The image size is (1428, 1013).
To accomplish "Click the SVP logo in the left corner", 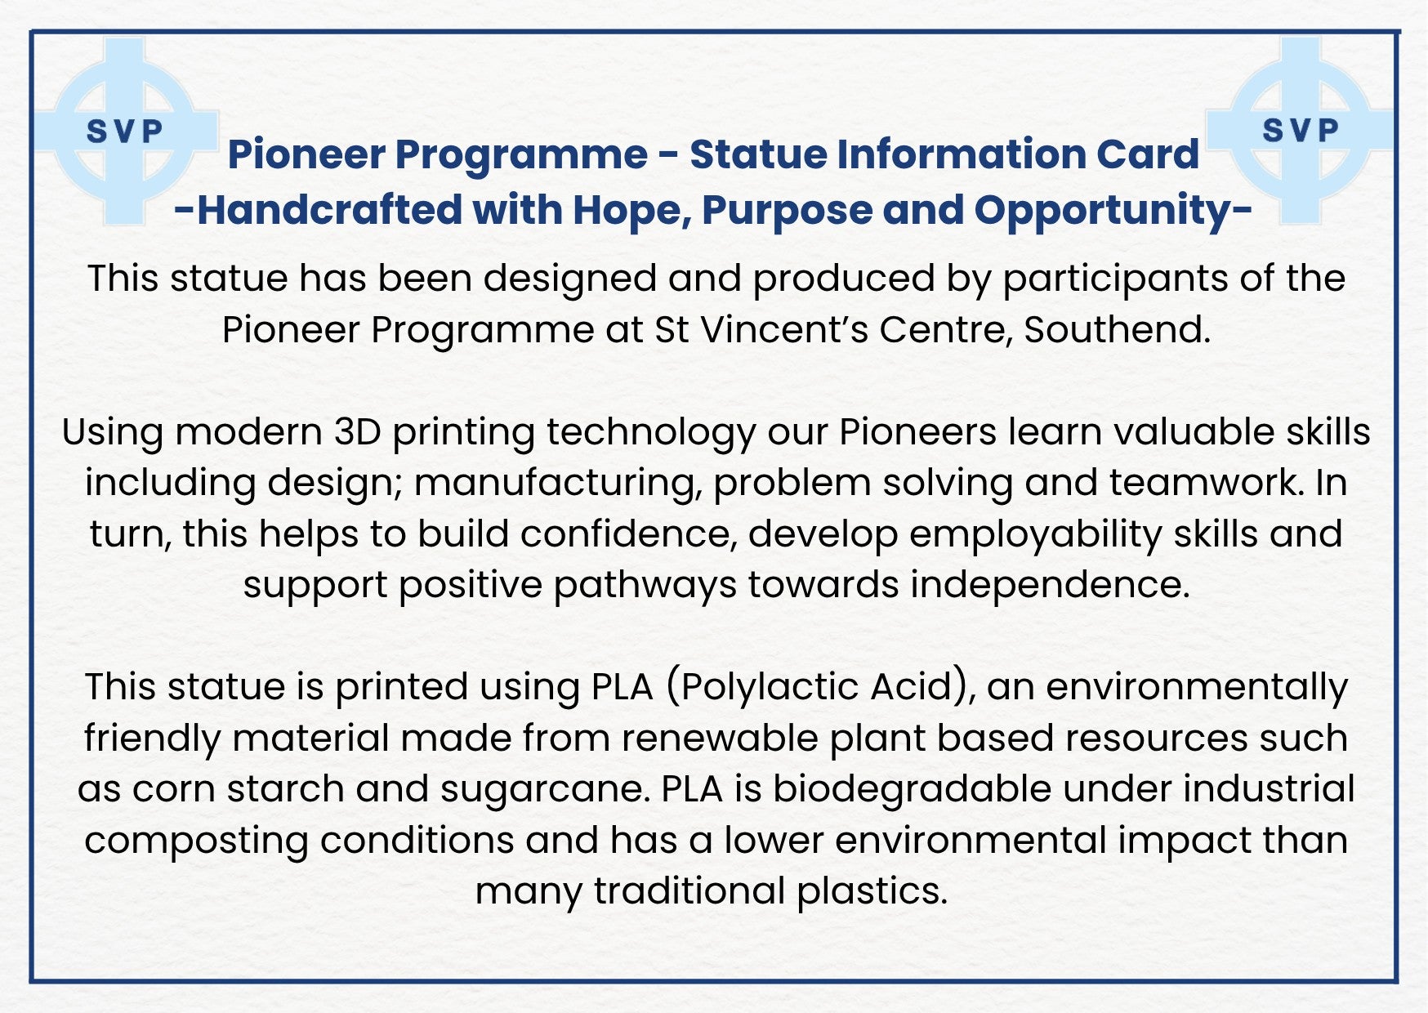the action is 126,131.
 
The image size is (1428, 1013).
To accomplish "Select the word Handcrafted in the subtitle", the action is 331,210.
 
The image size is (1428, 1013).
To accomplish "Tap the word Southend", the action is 1117,330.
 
